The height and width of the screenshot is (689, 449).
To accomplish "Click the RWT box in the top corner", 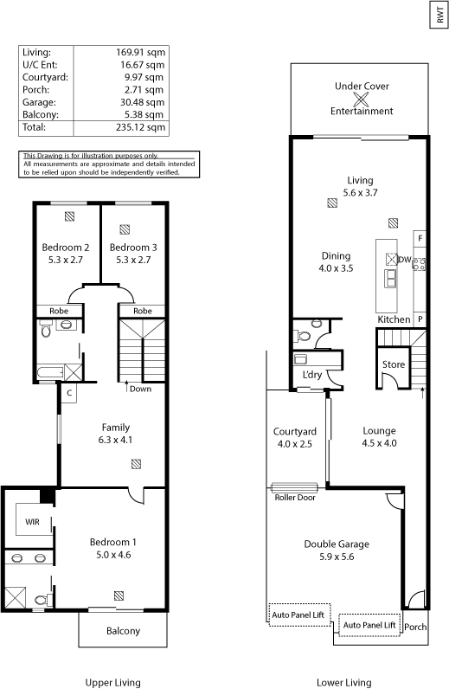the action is point(439,15).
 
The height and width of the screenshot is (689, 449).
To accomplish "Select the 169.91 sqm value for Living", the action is point(141,52).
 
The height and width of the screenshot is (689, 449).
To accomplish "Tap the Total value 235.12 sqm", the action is point(141,127).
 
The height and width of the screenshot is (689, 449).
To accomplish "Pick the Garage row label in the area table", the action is point(39,102).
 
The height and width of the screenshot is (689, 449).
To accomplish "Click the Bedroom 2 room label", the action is point(66,248).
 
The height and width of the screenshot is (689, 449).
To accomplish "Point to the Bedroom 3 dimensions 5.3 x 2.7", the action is point(133,260).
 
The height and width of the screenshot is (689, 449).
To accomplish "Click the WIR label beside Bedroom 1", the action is point(32,522).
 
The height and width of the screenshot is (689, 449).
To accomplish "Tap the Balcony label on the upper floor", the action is point(123,631).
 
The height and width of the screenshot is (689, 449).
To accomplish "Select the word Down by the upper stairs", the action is point(141,389).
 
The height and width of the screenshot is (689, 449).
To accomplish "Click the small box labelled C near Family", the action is point(69,393).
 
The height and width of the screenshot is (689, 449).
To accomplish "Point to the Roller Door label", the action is point(295,498).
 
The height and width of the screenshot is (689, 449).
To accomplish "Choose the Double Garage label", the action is point(337,544).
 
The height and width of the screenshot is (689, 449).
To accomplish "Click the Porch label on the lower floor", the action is point(415,627).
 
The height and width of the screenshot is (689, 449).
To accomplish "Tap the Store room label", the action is point(394,364).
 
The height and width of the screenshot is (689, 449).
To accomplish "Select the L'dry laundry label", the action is point(312,375).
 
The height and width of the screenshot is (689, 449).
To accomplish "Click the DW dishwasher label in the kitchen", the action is point(405,260).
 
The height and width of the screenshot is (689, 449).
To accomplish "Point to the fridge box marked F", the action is point(420,239).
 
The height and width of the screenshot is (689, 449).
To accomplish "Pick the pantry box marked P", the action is point(420,319).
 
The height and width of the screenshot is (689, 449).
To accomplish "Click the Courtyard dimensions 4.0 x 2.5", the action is point(295,444).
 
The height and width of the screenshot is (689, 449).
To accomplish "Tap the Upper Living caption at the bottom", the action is point(113,682).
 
